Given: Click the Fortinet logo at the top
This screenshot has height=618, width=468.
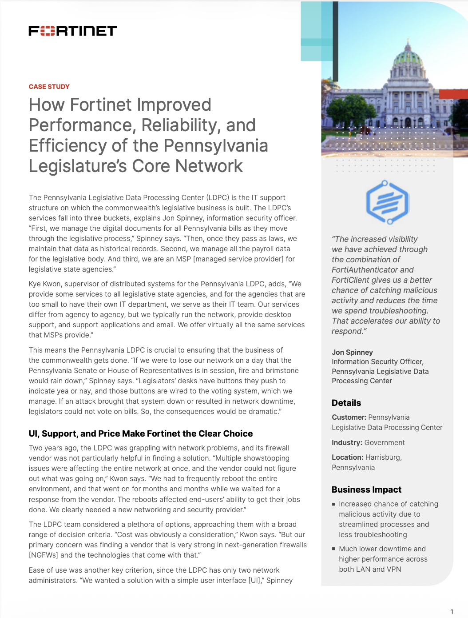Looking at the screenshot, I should [x=73, y=31].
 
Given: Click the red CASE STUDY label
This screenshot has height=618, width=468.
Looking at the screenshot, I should [x=49, y=87].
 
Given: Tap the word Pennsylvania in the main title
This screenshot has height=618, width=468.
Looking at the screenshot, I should [x=215, y=146].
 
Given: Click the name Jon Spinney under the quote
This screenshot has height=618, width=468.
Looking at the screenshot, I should [x=352, y=352].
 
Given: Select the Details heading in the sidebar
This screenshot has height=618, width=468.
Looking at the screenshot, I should [x=346, y=403].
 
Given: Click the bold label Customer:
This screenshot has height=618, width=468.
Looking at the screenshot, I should [x=349, y=417].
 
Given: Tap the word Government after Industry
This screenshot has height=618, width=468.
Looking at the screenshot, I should [x=385, y=442].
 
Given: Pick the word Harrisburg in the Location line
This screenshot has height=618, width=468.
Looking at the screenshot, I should [x=383, y=457].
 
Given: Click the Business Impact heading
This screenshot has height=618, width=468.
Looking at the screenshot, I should [x=366, y=490].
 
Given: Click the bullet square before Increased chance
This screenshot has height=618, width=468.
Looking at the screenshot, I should [x=333, y=504].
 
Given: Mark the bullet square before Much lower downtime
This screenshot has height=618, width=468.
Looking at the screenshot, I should [x=333, y=549].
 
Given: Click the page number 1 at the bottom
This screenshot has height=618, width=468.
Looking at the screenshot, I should [x=452, y=612].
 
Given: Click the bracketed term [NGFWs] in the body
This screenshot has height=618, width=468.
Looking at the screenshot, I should [x=44, y=555].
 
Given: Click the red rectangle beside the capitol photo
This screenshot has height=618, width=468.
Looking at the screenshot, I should [x=453, y=94].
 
